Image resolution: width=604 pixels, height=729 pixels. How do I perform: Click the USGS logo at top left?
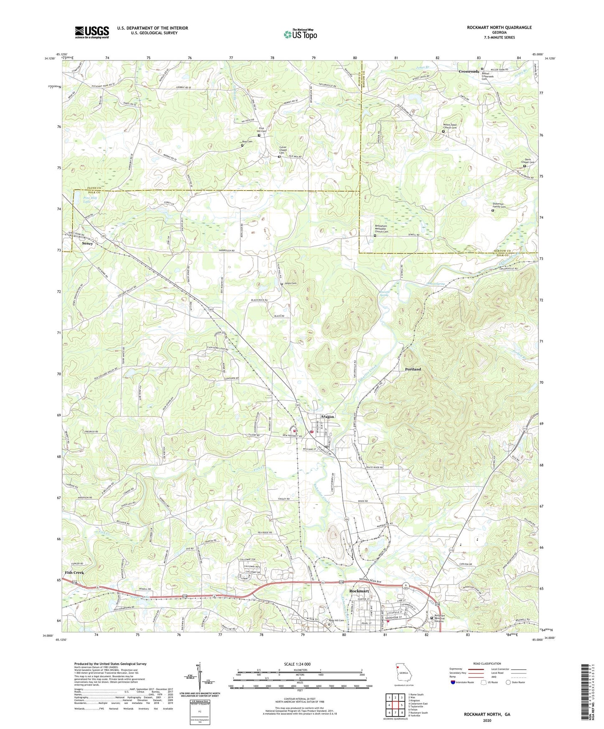pyautogui.click(x=92, y=32)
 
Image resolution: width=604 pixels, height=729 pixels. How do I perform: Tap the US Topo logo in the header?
pyautogui.click(x=300, y=34)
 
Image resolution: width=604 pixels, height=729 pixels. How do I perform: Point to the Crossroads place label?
pyautogui.click(x=469, y=71)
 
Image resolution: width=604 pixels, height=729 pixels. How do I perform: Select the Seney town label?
pyautogui.click(x=87, y=243)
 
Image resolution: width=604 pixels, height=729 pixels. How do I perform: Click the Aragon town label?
pyautogui.click(x=327, y=417)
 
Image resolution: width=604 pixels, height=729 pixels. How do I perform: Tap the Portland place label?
pyautogui.click(x=413, y=370)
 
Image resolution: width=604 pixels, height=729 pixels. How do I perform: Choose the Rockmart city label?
pyautogui.click(x=359, y=591)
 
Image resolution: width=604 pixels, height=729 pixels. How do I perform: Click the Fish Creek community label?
pyautogui.click(x=74, y=572)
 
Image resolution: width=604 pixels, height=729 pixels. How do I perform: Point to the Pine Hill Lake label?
pyautogui.click(x=87, y=199)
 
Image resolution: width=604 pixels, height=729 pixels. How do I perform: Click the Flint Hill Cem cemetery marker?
pyautogui.click(x=259, y=135)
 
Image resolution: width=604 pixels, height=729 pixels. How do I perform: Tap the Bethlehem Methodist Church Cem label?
pyautogui.click(x=380, y=229)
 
